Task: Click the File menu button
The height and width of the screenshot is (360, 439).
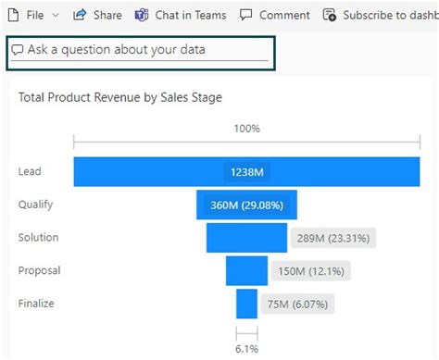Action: click(31, 15)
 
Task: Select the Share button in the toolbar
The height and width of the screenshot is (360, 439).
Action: click(97, 15)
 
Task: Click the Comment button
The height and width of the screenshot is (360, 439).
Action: click(275, 15)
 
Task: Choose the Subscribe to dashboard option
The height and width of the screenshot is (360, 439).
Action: click(380, 15)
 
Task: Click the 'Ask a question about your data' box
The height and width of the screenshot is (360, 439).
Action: click(139, 50)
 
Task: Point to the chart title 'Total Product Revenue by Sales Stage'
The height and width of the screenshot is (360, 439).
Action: click(120, 97)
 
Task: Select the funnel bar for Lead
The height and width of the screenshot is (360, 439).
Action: click(246, 171)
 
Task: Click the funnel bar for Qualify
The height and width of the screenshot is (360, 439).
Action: click(245, 205)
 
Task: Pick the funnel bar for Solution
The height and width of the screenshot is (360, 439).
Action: click(246, 238)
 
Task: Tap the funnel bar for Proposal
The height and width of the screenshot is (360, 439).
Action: click(246, 271)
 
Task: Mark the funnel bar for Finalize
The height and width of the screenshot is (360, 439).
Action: click(246, 304)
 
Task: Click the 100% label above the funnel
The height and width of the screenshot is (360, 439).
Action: click(246, 129)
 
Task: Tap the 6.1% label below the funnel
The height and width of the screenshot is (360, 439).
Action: click(246, 349)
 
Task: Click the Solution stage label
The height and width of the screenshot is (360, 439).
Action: click(38, 238)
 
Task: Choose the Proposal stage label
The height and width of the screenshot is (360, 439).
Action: click(39, 271)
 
